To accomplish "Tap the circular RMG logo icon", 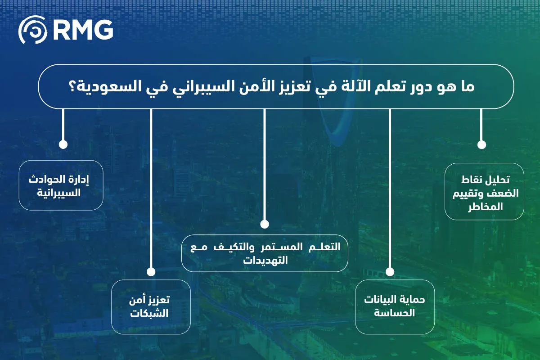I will pyautogui.click(x=32, y=30).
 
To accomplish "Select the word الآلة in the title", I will pyautogui.click(x=359, y=87).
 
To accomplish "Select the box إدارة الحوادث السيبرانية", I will pyautogui.click(x=61, y=185).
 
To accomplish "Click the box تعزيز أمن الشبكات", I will pyautogui.click(x=151, y=307).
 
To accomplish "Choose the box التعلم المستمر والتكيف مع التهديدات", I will pyautogui.click(x=265, y=253).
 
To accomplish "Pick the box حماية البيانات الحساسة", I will pyautogui.click(x=395, y=307).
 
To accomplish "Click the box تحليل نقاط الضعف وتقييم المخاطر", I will pyautogui.click(x=484, y=192).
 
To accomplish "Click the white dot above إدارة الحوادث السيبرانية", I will pyautogui.click(x=63, y=144).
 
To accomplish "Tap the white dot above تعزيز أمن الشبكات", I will pyautogui.click(x=151, y=272).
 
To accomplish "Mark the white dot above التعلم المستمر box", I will pyautogui.click(x=264, y=224).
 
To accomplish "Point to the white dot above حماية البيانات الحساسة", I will pyautogui.click(x=390, y=272).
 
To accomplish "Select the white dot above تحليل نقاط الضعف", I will pyautogui.click(x=481, y=144).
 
